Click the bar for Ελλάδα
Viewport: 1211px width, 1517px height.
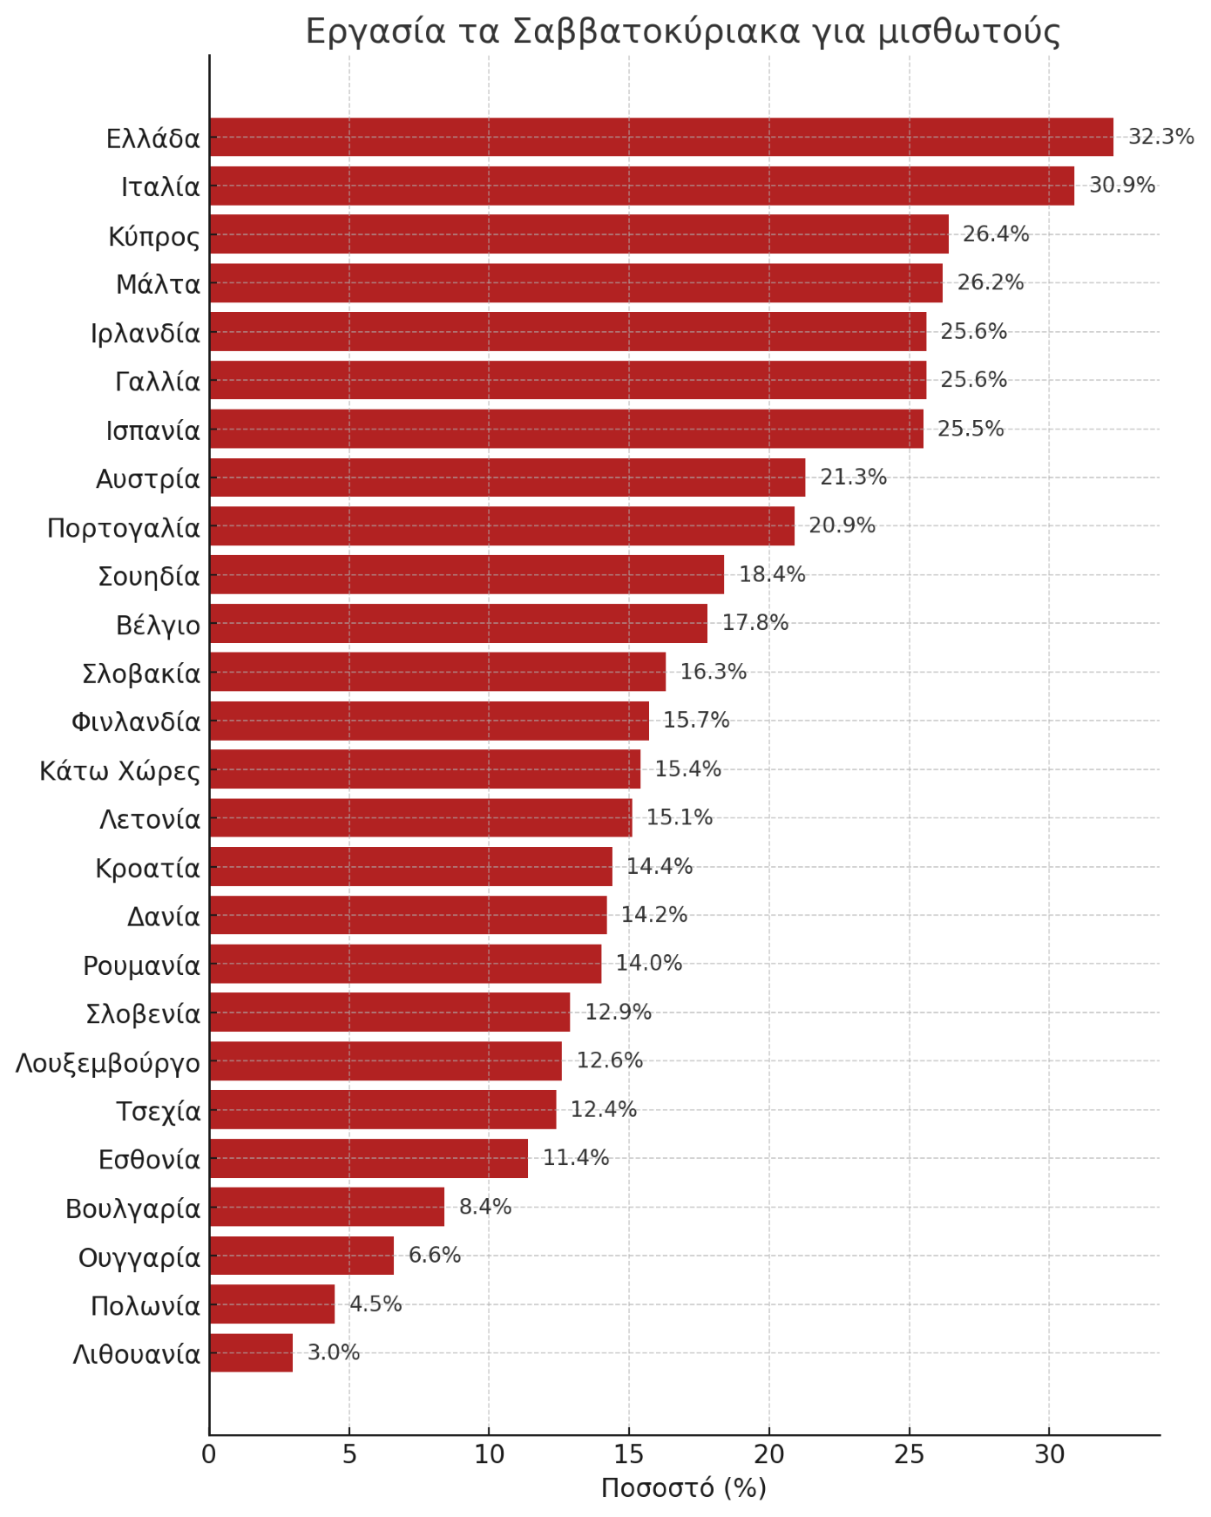point(661,137)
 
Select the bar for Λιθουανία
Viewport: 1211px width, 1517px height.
point(251,1352)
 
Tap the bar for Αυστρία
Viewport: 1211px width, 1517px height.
point(507,477)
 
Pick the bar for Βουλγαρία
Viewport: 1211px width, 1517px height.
point(327,1207)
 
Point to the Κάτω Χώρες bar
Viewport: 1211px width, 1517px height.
point(425,769)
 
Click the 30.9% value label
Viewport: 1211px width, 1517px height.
point(1122,186)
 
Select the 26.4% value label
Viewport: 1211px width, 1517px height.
point(996,234)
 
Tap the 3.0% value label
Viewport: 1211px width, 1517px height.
point(334,1352)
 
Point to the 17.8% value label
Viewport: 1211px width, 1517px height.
point(755,623)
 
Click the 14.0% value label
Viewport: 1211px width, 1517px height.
point(649,964)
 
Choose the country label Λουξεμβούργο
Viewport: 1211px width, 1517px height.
point(108,1063)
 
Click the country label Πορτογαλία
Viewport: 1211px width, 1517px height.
point(124,528)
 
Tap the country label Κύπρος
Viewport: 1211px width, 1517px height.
point(154,236)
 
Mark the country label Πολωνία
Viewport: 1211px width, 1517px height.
point(145,1306)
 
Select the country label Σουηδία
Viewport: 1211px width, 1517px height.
point(149,577)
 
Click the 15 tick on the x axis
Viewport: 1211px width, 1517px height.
point(629,1455)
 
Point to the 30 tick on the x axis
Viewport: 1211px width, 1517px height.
point(1049,1455)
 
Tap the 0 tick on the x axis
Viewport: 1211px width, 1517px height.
point(209,1455)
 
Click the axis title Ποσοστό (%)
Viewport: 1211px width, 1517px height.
point(684,1487)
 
